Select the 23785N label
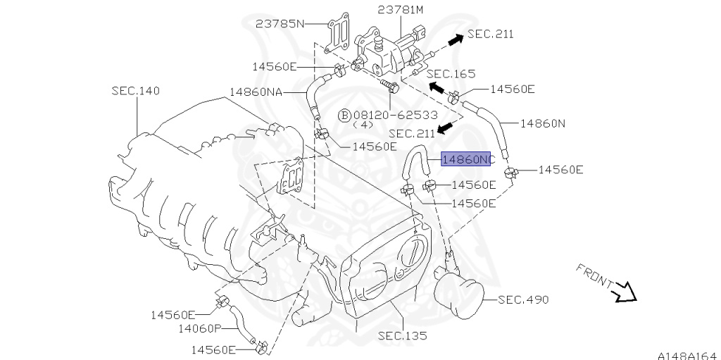pos(280,23)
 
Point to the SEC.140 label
pos(135,91)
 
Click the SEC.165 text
pos(451,73)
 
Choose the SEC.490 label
pos(523,300)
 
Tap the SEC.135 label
pos(402,336)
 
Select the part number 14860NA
pos(255,92)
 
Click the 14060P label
pos(199,328)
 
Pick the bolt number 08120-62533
pos(395,114)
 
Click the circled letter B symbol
pos(344,114)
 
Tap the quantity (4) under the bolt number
pos(362,125)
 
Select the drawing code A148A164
pos(687,354)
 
